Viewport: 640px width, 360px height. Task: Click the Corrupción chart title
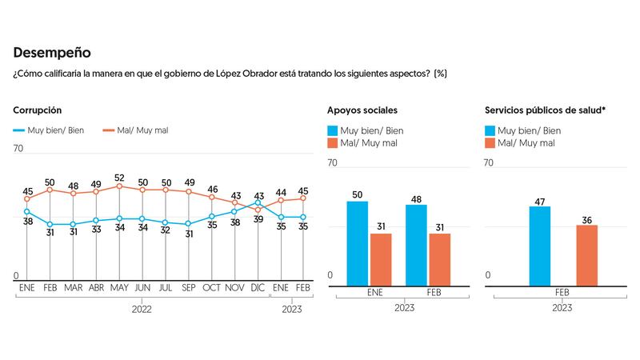tap(38, 110)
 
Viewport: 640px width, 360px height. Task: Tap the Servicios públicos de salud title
tap(545, 110)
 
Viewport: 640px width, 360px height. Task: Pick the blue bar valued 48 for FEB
tap(417, 245)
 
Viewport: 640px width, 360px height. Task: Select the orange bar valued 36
tap(586, 255)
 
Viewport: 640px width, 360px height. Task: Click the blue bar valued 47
tap(540, 246)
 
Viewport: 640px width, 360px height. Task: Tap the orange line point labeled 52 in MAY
tap(118, 186)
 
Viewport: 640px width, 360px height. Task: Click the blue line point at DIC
tap(258, 202)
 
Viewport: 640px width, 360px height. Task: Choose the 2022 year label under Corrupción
tap(141, 308)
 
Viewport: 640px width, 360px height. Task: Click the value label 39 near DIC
tap(258, 218)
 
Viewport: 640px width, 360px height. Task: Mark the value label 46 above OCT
tap(212, 190)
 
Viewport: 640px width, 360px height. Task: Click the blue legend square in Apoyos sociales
tap(333, 130)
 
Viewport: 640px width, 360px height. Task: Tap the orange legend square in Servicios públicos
tap(490, 143)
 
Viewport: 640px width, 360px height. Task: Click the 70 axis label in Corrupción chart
tap(18, 149)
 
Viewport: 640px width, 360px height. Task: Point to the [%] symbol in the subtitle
tap(440, 74)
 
